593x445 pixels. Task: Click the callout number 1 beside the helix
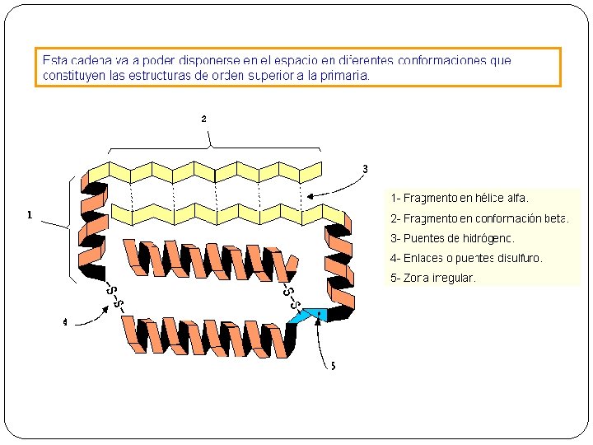pos(30,216)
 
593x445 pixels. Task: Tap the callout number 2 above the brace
pos(203,119)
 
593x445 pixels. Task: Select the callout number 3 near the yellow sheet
pos(365,170)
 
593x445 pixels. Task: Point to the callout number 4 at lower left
pos(65,322)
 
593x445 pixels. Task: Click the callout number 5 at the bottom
pos(333,366)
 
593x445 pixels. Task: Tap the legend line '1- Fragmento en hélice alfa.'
pos(460,199)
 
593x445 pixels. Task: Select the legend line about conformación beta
pos(479,218)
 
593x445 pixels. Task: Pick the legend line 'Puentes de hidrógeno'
pos(452,238)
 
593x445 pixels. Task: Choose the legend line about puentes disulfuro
pos(466,258)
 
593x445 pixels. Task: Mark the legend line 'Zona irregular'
pos(433,278)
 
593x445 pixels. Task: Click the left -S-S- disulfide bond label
pos(114,298)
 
